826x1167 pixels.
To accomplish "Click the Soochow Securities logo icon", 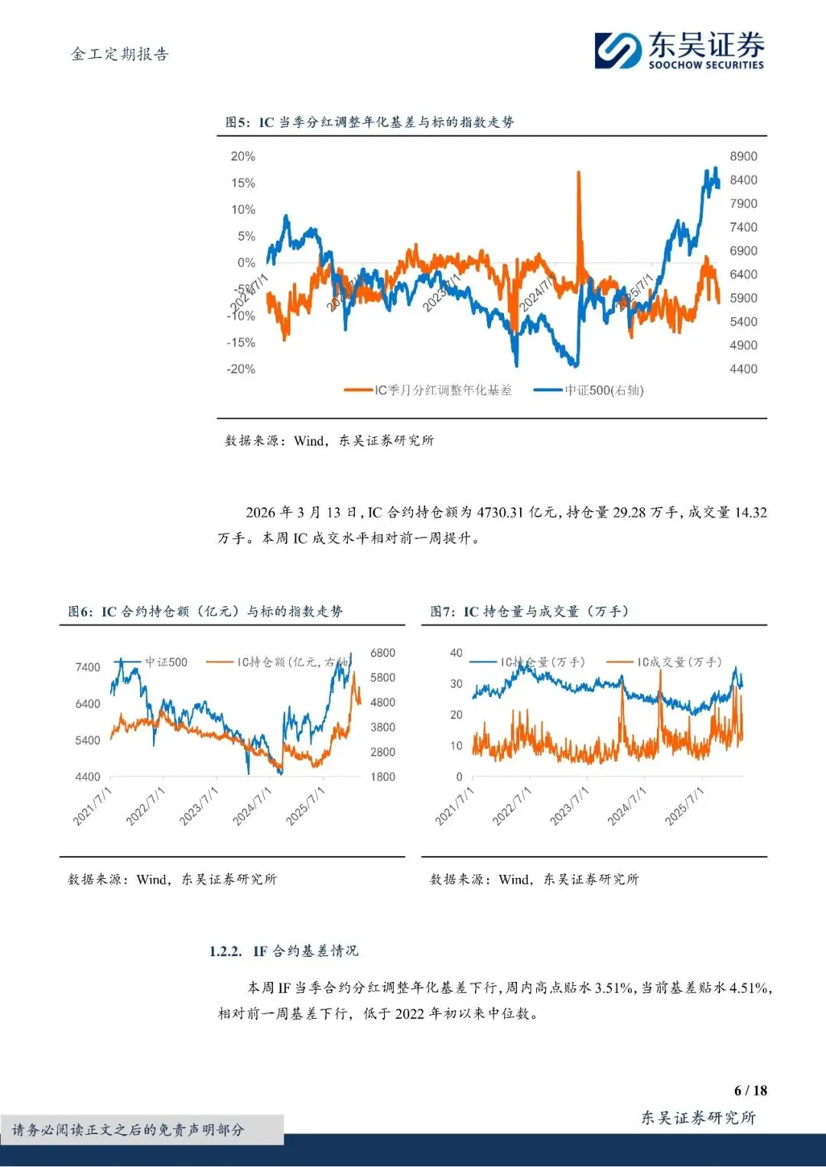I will click(618, 50).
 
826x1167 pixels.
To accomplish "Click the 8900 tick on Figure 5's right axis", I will click(743, 157).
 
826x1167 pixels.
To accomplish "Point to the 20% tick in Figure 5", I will click(243, 157).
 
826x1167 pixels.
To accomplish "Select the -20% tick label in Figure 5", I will click(241, 369).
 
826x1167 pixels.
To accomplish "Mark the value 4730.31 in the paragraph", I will click(500, 513).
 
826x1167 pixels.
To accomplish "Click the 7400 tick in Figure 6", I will click(87, 668).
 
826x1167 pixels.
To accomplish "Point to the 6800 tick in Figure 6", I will click(382, 653).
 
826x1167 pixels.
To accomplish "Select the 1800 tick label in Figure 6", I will click(382, 777).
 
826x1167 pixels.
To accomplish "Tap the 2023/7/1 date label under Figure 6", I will click(198, 806).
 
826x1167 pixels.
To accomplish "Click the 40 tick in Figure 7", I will click(457, 653).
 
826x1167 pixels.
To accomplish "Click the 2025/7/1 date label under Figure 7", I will click(684, 806).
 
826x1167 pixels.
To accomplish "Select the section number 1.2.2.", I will click(226, 951).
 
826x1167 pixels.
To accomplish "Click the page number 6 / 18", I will click(750, 1091).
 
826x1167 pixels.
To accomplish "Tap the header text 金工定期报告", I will click(119, 54).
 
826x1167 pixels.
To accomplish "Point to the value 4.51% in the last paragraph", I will click(749, 988).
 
